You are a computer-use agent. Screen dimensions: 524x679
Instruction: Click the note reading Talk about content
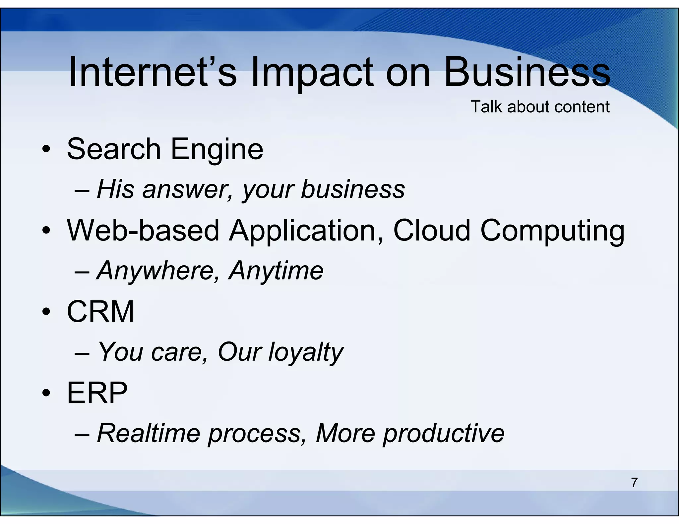540,107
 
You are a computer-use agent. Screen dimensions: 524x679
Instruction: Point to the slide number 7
634,483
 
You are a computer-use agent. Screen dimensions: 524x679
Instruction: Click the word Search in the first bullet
114,149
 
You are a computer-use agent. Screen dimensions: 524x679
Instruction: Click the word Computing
552,231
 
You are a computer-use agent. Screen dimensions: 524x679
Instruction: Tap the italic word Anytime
276,271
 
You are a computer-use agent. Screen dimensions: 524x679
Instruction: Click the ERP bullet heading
97,393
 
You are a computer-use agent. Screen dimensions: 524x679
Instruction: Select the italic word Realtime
149,433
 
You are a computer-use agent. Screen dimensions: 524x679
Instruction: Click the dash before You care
82,353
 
